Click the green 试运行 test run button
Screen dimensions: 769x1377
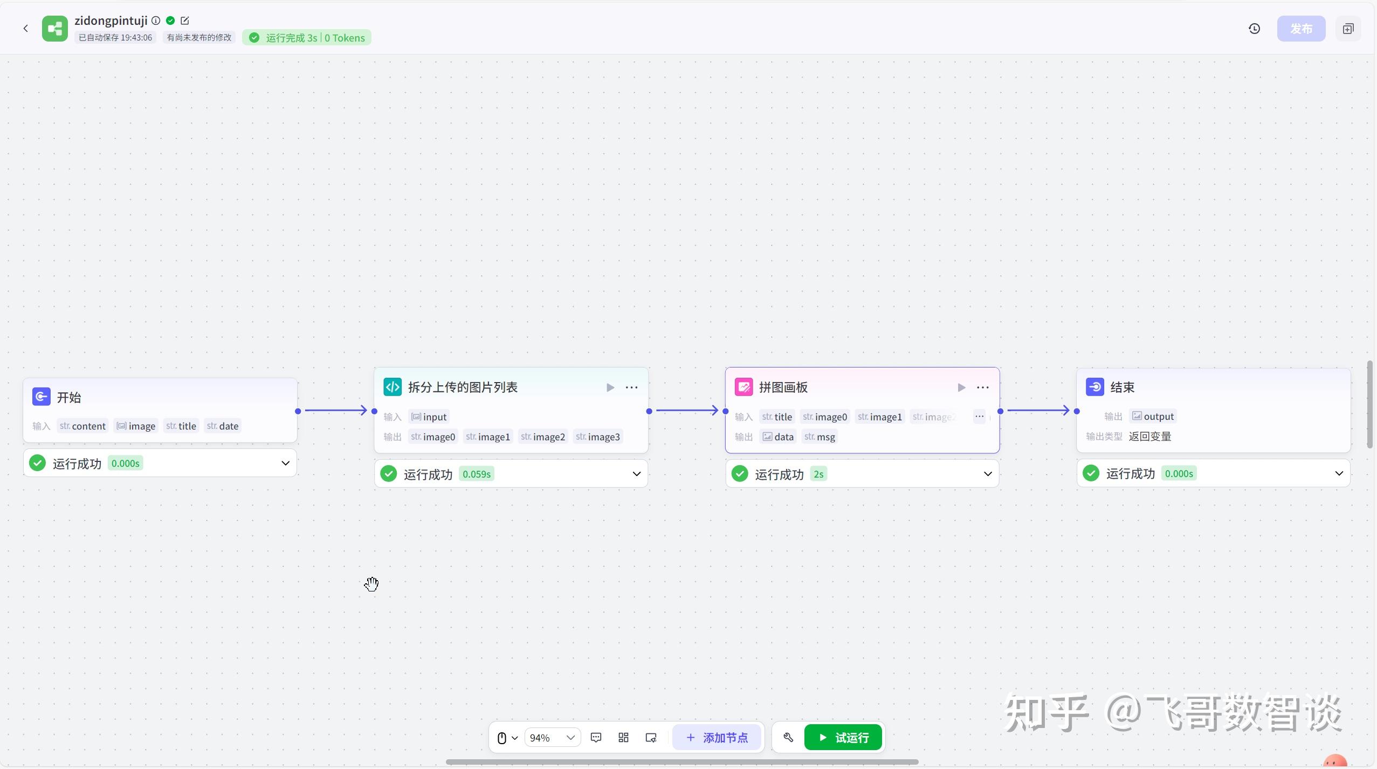[x=843, y=737]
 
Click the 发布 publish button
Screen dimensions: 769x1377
[x=1300, y=29]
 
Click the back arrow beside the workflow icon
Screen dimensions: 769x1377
[x=25, y=29]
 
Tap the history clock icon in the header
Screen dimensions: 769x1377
[x=1254, y=29]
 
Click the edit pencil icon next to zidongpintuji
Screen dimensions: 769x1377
[x=185, y=21]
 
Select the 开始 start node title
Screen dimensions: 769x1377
[x=69, y=397]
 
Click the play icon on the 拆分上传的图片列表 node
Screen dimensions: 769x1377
[x=610, y=387]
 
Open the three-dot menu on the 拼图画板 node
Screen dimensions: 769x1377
[x=982, y=387]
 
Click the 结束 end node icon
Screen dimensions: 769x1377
[x=1094, y=387]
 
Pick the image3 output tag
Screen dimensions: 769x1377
[x=598, y=437]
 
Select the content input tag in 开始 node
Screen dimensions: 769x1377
[x=83, y=426]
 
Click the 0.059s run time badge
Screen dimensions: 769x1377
[x=477, y=474]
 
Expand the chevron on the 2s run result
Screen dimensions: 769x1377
[x=987, y=474]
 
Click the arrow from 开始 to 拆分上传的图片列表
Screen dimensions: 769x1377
[x=335, y=411]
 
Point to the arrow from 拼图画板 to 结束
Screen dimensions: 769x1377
[x=1038, y=411]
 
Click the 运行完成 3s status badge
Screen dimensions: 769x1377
[x=306, y=38]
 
